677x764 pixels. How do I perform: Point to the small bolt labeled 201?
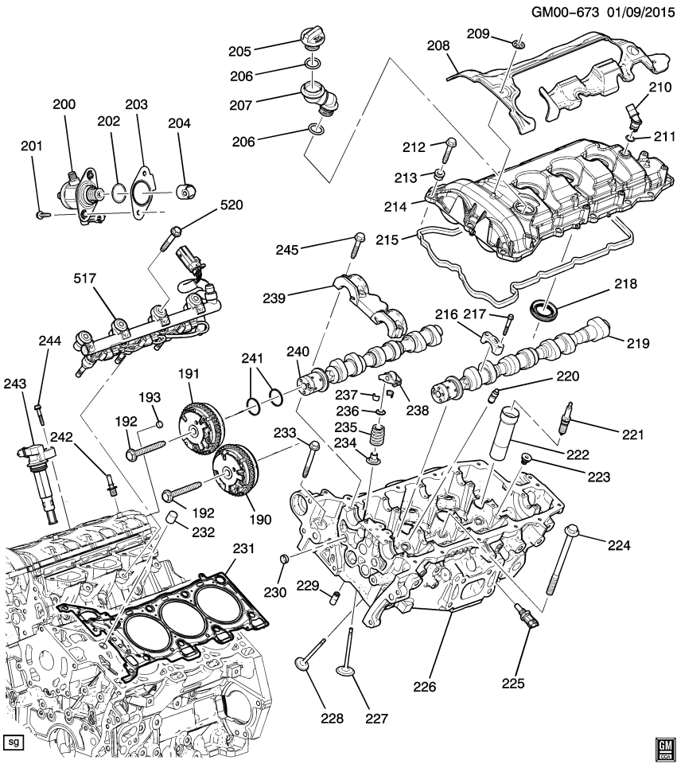click(41, 213)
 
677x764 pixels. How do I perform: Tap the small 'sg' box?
click(13, 742)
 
